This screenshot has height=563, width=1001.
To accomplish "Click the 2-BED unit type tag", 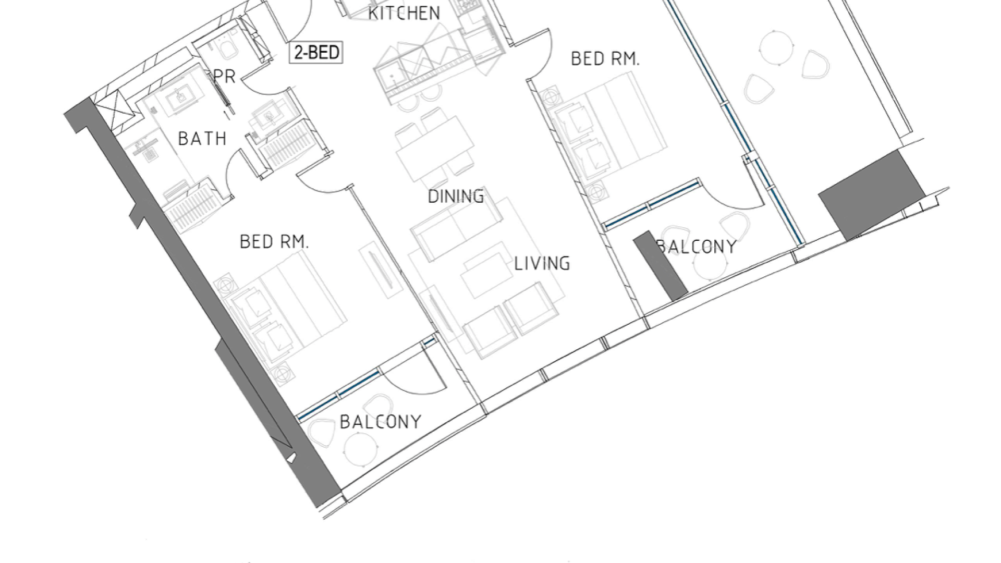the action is pyautogui.click(x=316, y=53).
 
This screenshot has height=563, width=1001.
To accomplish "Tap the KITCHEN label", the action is pyautogui.click(x=404, y=13).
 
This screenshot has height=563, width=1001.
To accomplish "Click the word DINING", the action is pyautogui.click(x=456, y=197).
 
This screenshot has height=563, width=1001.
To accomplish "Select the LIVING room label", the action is pyautogui.click(x=542, y=263).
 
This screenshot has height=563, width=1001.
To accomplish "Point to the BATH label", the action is pyautogui.click(x=202, y=139).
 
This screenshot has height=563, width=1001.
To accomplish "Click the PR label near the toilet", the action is pyautogui.click(x=225, y=77).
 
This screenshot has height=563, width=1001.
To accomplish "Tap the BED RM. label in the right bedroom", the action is pyautogui.click(x=605, y=59).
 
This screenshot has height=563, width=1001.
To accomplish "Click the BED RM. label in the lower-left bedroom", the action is pyautogui.click(x=274, y=242).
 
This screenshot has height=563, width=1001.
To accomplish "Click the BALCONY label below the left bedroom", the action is pyautogui.click(x=381, y=422).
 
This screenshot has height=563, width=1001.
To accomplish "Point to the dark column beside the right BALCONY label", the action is pyautogui.click(x=661, y=266).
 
